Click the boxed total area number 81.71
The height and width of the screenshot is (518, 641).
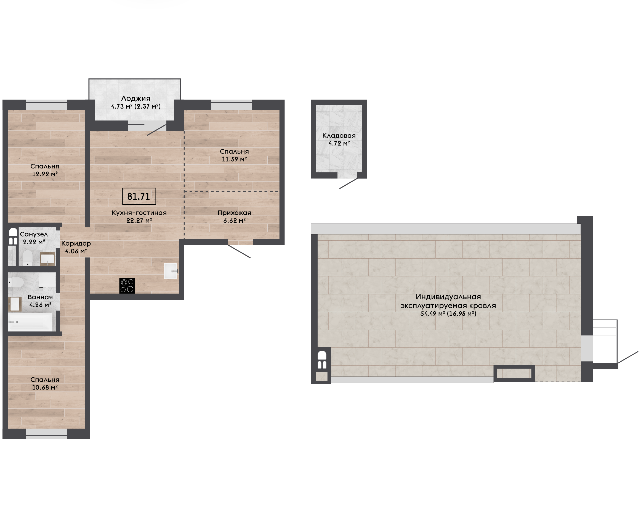(x=139, y=196)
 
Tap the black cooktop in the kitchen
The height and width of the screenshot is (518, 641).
(x=127, y=286)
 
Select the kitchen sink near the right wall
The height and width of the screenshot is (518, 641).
(x=171, y=271)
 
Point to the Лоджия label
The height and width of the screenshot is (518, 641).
(x=136, y=98)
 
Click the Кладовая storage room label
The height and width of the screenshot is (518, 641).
(x=339, y=136)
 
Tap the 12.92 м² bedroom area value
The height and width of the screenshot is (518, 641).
(x=45, y=174)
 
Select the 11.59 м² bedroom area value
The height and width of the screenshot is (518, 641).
(x=234, y=159)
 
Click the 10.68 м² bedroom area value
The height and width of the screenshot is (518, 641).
(x=45, y=387)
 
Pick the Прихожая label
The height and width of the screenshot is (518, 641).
(x=234, y=213)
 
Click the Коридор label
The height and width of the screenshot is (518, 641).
(x=76, y=243)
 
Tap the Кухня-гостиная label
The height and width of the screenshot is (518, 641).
(x=139, y=213)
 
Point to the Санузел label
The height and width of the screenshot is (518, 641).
(x=34, y=235)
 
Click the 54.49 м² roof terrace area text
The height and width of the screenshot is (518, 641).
(x=448, y=314)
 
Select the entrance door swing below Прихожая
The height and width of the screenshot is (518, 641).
(x=239, y=251)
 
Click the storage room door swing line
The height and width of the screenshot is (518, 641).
(x=349, y=183)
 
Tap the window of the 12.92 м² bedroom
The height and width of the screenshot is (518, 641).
(x=46, y=106)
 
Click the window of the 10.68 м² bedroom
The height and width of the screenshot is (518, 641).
(x=46, y=434)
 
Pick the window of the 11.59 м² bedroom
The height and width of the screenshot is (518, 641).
(x=232, y=106)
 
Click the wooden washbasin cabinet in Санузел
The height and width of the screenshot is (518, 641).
(x=47, y=259)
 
